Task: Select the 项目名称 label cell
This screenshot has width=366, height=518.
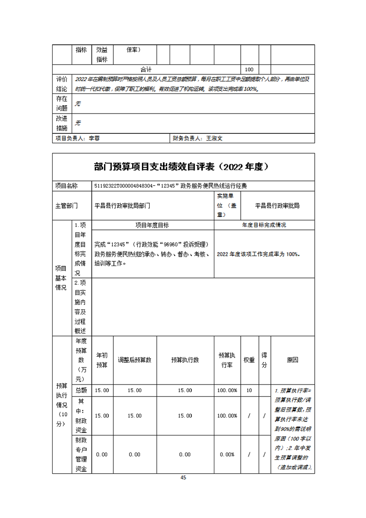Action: tap(67, 186)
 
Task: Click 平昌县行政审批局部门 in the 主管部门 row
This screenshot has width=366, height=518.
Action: tap(122, 205)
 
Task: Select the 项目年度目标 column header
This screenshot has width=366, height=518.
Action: tap(152, 225)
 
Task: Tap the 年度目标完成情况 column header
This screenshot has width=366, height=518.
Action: tap(264, 225)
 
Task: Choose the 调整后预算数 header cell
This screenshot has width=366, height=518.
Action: tap(134, 360)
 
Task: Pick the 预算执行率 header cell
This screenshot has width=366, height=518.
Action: tap(227, 360)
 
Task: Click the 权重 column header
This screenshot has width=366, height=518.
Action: tap(249, 360)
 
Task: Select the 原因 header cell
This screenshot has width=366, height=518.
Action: tap(292, 360)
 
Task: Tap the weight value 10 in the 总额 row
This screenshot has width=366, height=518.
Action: tap(249, 391)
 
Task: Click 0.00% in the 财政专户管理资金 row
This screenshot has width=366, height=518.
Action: tap(227, 454)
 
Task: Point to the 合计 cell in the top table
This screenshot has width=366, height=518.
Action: tap(146, 69)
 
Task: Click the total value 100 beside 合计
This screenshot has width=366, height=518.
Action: tap(249, 69)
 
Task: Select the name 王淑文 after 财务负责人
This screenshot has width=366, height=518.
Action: tap(214, 138)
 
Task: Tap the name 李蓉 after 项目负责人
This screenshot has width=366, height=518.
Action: tap(94, 138)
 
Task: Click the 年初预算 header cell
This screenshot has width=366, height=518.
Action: tap(102, 360)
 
